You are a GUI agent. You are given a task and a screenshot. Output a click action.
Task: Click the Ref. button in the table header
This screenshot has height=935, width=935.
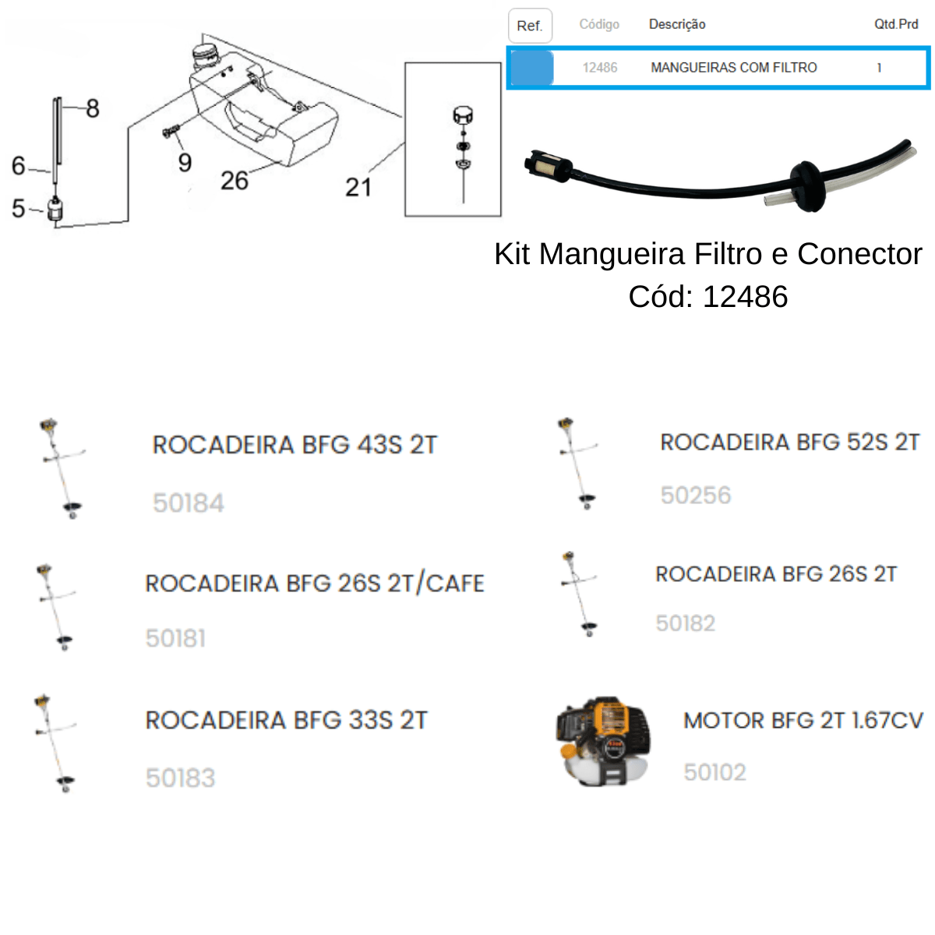point(530,26)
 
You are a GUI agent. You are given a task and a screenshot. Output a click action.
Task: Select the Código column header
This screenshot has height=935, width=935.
point(599,24)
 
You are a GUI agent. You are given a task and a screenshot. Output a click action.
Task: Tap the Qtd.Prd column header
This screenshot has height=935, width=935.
point(896,24)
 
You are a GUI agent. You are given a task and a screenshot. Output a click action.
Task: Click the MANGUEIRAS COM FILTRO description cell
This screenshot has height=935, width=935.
point(734,68)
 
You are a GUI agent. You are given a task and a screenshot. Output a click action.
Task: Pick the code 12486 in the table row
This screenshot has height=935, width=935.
point(600,68)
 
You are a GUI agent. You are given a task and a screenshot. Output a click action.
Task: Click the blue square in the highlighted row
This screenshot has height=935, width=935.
point(532,68)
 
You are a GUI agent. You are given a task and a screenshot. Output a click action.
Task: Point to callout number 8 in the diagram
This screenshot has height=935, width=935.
point(93,108)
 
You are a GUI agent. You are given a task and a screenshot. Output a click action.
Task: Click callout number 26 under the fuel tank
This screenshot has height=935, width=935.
point(235,181)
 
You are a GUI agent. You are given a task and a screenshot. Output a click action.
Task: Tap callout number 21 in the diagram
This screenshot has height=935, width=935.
point(358,187)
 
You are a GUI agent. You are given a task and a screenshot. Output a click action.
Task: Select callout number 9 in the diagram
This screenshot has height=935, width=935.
point(185,163)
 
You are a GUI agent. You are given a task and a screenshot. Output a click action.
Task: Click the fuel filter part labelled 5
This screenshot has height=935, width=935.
point(55,209)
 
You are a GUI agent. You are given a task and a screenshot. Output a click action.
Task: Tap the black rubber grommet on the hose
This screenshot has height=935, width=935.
point(806,186)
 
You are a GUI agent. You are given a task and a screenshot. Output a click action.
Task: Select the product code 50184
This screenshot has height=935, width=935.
point(189,503)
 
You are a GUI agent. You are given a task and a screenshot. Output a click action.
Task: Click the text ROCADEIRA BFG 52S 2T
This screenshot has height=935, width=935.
point(789,442)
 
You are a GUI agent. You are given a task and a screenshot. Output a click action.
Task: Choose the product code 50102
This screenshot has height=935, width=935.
point(714,772)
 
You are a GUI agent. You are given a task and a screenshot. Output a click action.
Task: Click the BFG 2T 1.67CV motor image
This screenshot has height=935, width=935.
point(603,742)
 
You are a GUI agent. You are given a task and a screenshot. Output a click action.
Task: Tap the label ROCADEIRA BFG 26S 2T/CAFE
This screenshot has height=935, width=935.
point(315,584)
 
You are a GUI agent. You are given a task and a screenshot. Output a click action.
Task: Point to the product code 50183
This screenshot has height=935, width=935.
point(181,778)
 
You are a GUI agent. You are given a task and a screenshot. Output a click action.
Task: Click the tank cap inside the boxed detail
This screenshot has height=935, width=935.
point(462,115)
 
